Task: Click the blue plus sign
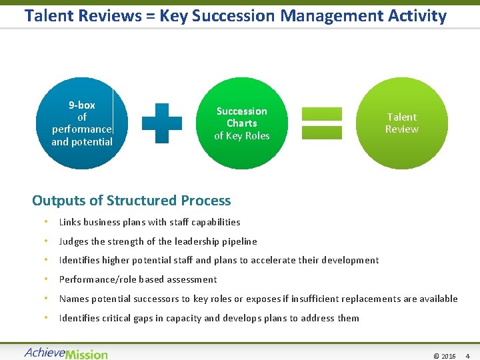[x=162, y=123]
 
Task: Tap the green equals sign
[x=321, y=123]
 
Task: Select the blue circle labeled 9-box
[x=81, y=123]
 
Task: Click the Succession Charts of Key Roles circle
[x=241, y=123]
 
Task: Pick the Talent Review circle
[x=401, y=123]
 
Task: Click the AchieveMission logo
[x=65, y=353]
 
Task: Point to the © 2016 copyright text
[x=445, y=356]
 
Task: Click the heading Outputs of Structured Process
[x=131, y=201]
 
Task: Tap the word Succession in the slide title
[x=233, y=15]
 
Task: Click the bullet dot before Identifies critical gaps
[x=45, y=318]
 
